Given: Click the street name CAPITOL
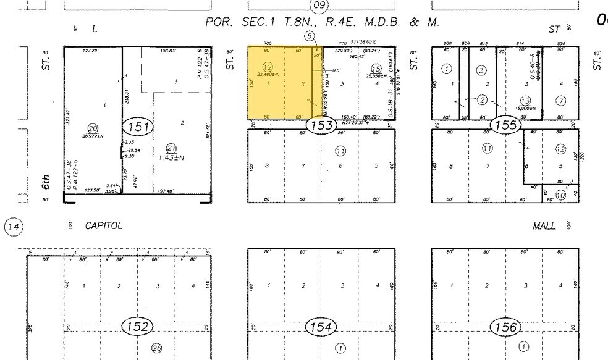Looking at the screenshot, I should (104, 227).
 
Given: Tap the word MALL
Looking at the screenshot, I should (545, 227).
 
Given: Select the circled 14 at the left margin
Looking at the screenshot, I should (13, 227).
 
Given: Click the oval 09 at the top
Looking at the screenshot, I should (319, 6).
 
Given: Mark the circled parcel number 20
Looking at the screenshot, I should (93, 127).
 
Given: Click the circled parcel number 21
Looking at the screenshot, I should (172, 148).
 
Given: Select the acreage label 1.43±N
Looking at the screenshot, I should (172, 157).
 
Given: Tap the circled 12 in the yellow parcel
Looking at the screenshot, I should (268, 67).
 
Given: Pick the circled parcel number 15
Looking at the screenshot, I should (376, 69).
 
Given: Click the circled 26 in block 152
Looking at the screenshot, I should (157, 348).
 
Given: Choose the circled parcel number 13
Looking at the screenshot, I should (526, 100).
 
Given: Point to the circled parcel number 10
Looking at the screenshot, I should (560, 195).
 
